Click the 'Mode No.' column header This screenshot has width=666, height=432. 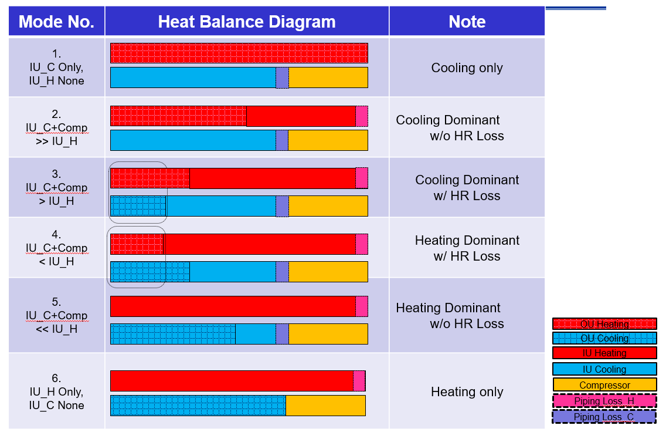click(x=56, y=22)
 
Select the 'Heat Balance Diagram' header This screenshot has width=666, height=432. click(x=247, y=22)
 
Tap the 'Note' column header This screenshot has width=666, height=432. click(x=467, y=22)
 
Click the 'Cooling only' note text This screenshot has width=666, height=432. click(x=467, y=67)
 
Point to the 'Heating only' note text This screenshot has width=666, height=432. click(x=467, y=392)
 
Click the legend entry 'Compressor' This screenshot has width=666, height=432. click(x=604, y=385)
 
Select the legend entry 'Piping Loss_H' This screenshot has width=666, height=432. click(x=604, y=401)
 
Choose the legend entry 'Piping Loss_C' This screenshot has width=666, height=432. click(x=604, y=417)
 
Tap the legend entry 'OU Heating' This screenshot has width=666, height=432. click(x=604, y=324)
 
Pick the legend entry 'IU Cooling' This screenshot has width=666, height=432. click(x=604, y=369)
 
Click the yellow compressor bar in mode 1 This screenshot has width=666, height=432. click(x=328, y=77)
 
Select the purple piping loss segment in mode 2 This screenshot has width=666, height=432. click(x=282, y=140)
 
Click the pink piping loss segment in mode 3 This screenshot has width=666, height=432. click(x=362, y=178)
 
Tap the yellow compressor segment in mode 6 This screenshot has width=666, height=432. click(x=325, y=406)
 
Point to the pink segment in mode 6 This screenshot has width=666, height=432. click(x=359, y=381)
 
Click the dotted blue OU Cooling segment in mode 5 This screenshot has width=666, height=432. click(x=173, y=334)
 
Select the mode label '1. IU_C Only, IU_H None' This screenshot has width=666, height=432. click(x=56, y=67)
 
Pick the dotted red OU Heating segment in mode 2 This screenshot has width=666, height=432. click(x=178, y=116)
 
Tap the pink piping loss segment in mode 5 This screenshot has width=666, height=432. click(x=362, y=306)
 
